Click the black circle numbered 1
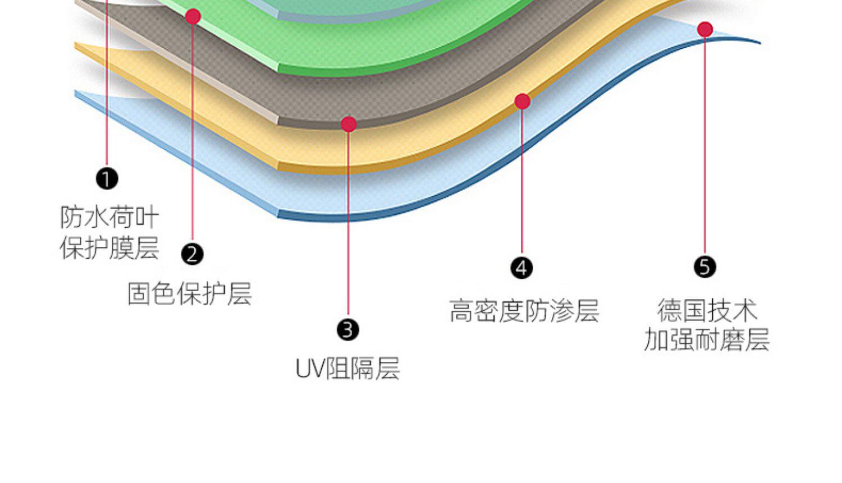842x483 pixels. [107, 179]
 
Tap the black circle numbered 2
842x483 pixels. [193, 254]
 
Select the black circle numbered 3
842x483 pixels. [348, 329]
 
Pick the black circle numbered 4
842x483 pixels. [521, 268]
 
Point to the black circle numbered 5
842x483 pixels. [705, 266]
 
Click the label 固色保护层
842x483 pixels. [189, 293]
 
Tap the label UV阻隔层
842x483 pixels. [347, 369]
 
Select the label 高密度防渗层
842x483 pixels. [524, 310]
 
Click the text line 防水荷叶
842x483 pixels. [109, 217]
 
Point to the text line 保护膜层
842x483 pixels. [109, 247]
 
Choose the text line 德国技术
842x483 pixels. [707, 310]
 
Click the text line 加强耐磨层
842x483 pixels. [706, 340]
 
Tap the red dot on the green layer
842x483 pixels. [193, 17]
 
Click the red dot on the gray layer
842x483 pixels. [349, 124]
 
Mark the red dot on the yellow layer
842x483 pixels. [522, 102]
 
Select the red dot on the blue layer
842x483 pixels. [705, 29]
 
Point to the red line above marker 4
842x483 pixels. [521, 180]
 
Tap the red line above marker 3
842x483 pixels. [348, 224]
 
